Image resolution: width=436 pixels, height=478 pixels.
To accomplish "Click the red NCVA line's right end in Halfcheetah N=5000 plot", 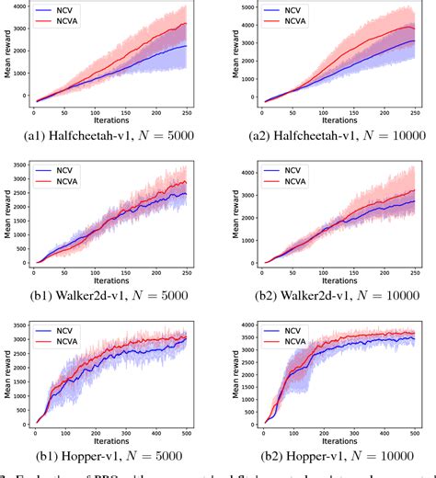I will pyautogui.click(x=188, y=23).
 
